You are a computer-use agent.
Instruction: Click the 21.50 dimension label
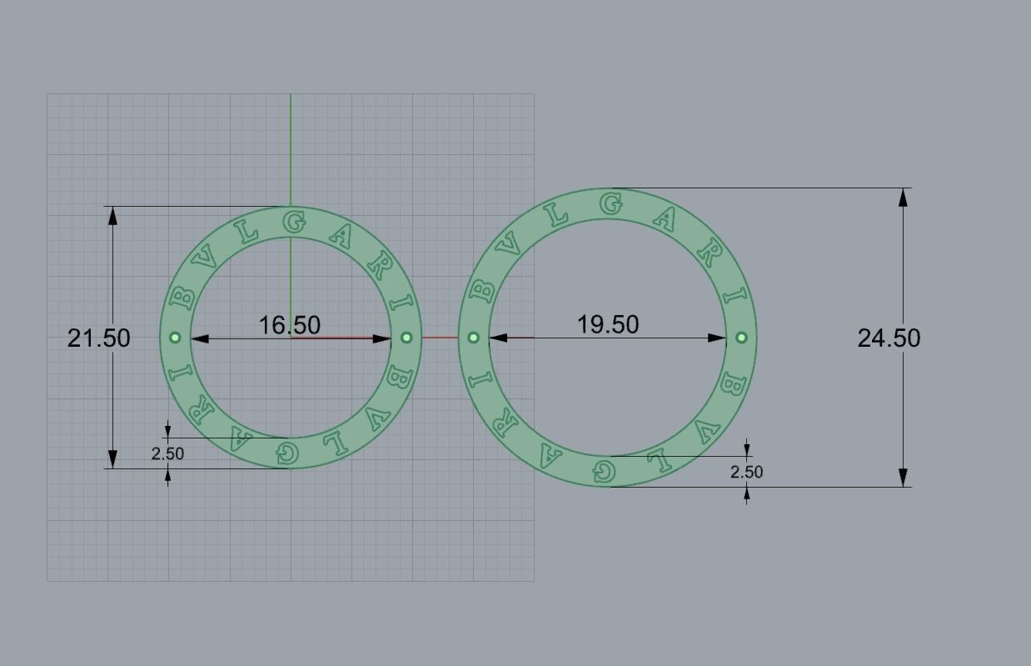click(x=98, y=338)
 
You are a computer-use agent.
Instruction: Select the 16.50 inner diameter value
click(x=289, y=324)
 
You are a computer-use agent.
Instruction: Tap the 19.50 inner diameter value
click(x=608, y=323)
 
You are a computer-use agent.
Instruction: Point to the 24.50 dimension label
click(x=889, y=338)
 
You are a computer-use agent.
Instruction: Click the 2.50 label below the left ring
click(x=167, y=453)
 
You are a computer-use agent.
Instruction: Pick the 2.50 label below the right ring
click(x=746, y=472)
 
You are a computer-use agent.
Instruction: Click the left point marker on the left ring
click(x=175, y=338)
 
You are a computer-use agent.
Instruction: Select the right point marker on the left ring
click(x=406, y=338)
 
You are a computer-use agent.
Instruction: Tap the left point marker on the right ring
click(x=473, y=338)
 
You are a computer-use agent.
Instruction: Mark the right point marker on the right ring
click(x=741, y=338)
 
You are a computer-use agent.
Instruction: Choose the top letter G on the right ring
click(x=611, y=203)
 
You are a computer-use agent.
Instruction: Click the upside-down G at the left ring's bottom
click(x=287, y=453)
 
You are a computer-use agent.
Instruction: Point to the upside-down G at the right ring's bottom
click(x=604, y=472)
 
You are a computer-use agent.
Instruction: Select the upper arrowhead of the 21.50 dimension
click(x=112, y=215)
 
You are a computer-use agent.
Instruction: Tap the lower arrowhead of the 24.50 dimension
click(x=904, y=478)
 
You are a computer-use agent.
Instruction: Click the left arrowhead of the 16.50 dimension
click(x=201, y=338)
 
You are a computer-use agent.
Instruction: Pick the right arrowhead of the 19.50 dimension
click(x=716, y=338)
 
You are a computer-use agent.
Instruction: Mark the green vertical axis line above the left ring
click(x=291, y=150)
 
